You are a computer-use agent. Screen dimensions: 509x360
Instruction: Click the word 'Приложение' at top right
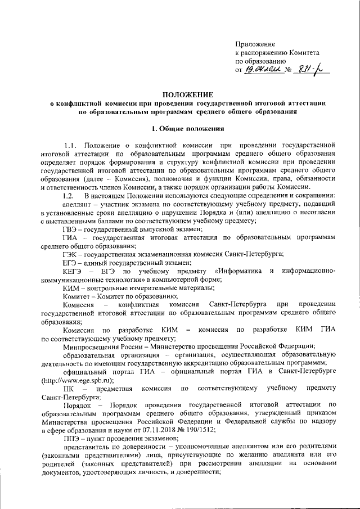(255, 43)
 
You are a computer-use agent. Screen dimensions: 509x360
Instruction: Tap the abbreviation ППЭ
(71, 439)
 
